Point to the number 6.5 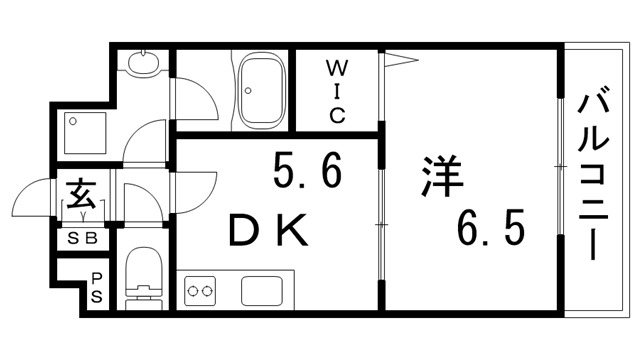tap(489, 231)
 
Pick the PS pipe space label tap(97, 288)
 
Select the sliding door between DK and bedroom tap(380, 226)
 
